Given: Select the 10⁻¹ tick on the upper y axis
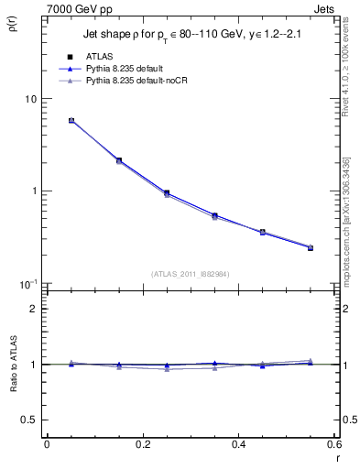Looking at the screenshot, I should pyautogui.click(x=27, y=284).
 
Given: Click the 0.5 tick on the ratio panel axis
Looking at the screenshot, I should pyautogui.click(x=29, y=420).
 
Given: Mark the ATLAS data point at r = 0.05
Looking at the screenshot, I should pyautogui.click(x=71, y=120).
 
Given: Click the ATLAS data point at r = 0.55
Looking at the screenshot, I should pyautogui.click(x=311, y=247).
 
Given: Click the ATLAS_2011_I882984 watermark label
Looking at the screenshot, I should pyautogui.click(x=189, y=273).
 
